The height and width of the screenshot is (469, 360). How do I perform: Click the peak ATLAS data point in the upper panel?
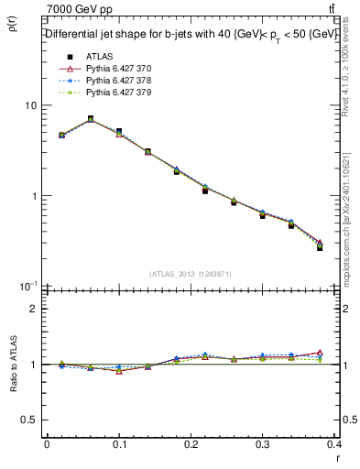point(90,118)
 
